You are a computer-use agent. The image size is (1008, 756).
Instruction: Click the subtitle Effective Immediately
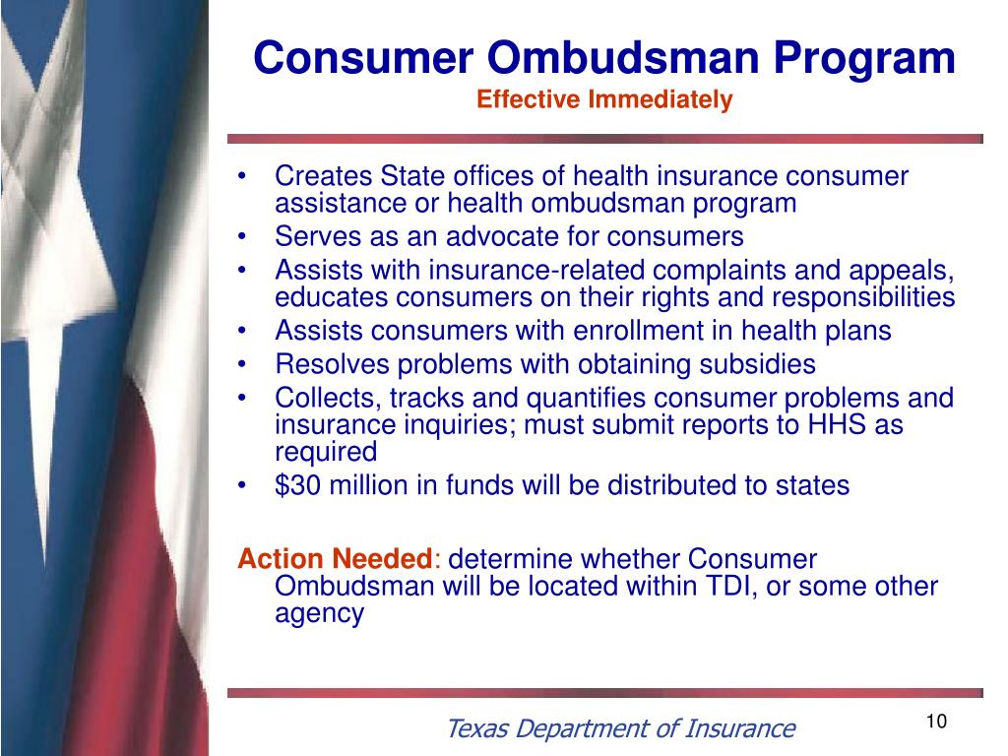[604, 100]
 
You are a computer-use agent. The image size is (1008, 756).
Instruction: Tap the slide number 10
[936, 722]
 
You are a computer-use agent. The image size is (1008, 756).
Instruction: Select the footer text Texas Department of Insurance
[620, 728]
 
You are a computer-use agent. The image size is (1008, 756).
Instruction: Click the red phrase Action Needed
[335, 559]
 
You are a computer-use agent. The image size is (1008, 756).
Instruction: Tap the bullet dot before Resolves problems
[243, 365]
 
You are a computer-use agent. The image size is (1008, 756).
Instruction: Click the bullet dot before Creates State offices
[243, 177]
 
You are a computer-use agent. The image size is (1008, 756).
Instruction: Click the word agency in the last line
[319, 614]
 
